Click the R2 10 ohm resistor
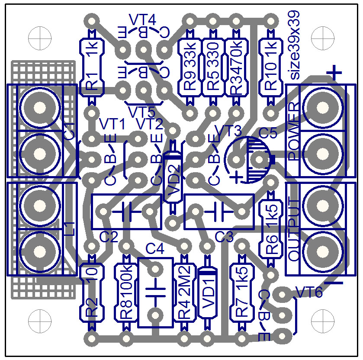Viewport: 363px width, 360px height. point(92,292)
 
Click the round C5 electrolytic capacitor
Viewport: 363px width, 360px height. point(249,160)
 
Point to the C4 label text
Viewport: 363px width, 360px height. point(155,249)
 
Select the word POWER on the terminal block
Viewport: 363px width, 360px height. point(294,132)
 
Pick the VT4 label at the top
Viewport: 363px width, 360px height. point(142,19)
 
